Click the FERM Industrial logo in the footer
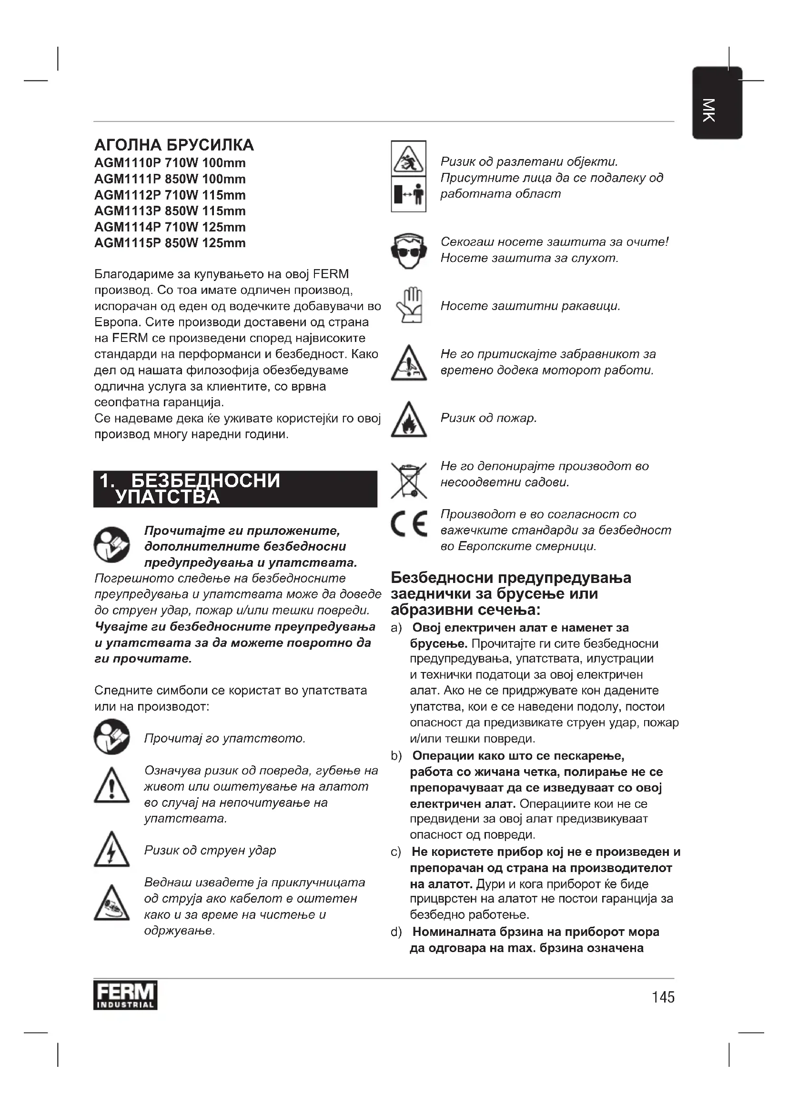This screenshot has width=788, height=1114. (x=125, y=997)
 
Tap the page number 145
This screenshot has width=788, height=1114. (x=663, y=997)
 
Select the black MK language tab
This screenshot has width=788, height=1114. (x=717, y=103)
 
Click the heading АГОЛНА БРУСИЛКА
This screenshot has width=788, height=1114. (x=174, y=145)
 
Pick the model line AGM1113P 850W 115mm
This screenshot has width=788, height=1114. (x=170, y=211)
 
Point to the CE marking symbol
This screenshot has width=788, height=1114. (x=409, y=524)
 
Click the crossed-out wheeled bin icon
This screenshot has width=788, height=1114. (x=409, y=481)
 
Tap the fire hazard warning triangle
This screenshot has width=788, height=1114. (x=409, y=420)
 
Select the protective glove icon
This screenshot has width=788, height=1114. (x=410, y=306)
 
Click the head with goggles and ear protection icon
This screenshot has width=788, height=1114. (x=409, y=251)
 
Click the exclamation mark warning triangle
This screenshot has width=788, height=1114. (x=111, y=785)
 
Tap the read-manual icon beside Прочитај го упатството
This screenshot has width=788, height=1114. (x=111, y=736)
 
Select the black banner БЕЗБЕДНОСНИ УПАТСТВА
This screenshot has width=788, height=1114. (x=235, y=489)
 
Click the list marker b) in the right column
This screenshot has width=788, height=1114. (x=396, y=756)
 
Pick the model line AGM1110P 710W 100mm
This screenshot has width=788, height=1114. (x=170, y=163)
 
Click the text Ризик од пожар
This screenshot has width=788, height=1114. (x=488, y=418)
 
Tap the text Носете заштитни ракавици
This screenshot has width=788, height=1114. (x=530, y=306)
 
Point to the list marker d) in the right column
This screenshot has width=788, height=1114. (x=396, y=932)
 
